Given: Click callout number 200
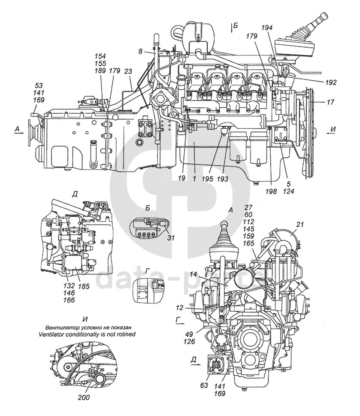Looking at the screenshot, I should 84,398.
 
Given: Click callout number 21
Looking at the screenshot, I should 300,224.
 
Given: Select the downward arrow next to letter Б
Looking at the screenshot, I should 230,27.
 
